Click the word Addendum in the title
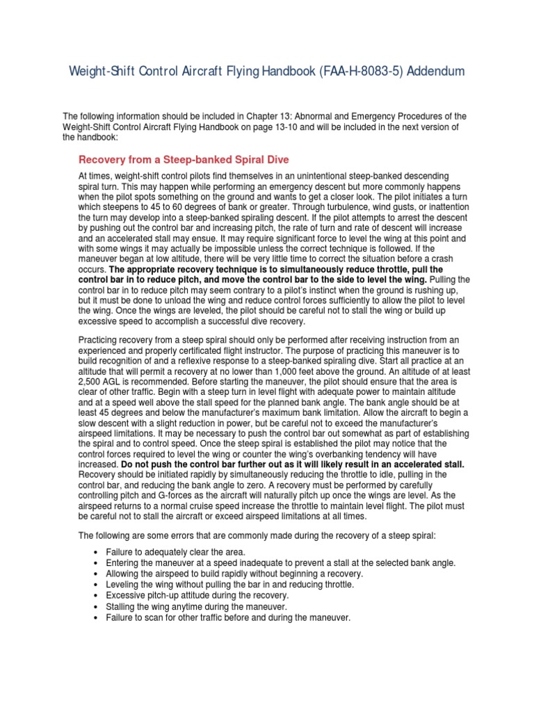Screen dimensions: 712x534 pos(429,72)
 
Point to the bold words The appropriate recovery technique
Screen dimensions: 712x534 pos(187,268)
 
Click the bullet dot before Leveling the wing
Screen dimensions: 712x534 pos(94,585)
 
